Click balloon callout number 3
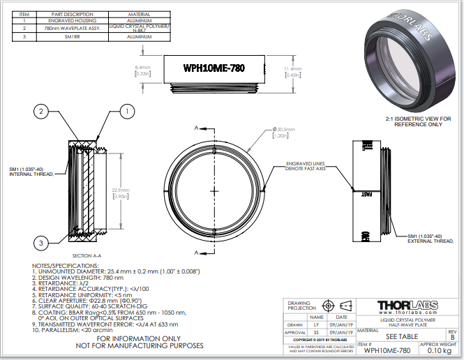pyautogui.click(x=41, y=242)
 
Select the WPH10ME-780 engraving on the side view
pyautogui.click(x=214, y=68)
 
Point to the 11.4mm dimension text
pyautogui.click(x=293, y=68)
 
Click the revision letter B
pyautogui.click(x=451, y=336)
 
